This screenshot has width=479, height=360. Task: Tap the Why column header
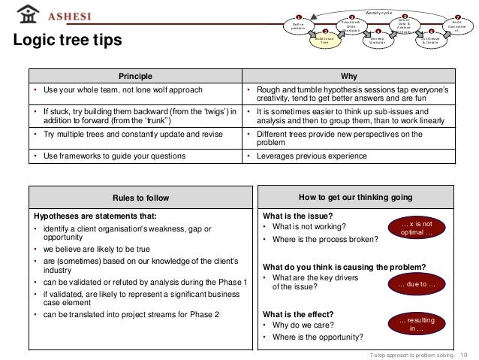349,77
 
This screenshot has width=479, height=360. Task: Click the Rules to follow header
141,198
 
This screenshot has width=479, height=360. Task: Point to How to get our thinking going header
354,198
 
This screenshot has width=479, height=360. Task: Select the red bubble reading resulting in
417,325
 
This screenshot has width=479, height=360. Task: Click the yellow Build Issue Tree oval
324,41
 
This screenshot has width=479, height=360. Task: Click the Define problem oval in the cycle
297,27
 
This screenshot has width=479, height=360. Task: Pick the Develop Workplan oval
378,41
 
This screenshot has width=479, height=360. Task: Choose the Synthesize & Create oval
431,41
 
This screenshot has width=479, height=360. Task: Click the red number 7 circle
457,17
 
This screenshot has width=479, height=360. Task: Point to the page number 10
462,353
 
